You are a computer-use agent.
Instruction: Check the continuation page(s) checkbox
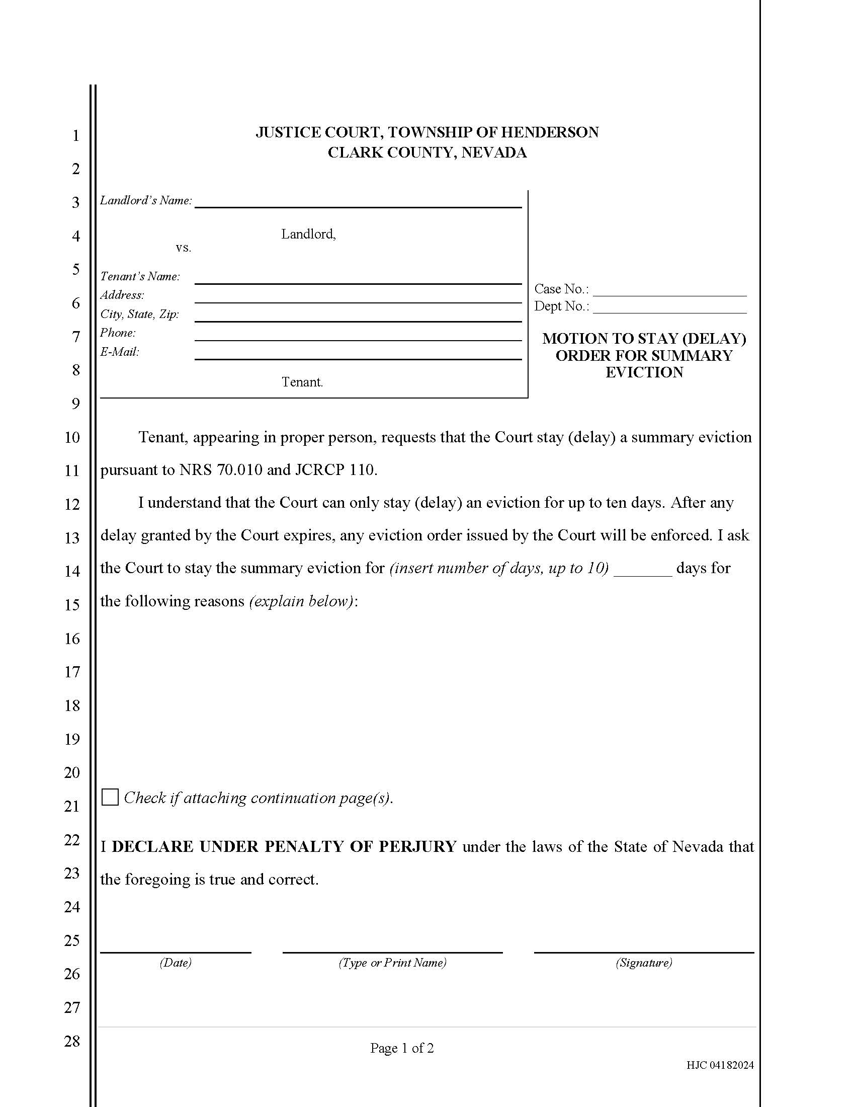point(110,798)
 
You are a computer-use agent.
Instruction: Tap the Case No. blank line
point(669,290)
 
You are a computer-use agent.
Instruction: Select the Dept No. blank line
point(669,307)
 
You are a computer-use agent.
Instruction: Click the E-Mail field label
point(120,352)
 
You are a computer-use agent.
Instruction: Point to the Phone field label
point(118,333)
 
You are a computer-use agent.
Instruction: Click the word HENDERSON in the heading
point(550,132)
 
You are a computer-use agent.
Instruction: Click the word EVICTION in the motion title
point(644,372)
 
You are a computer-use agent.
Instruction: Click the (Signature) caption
point(643,963)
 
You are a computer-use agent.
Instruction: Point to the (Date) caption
point(175,963)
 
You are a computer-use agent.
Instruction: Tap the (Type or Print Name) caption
point(392,963)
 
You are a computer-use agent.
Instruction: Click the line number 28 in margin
point(72,1042)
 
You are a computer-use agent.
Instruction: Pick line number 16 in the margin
point(72,639)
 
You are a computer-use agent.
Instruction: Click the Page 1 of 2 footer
point(402,1048)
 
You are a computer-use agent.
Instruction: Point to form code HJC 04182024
point(720,1065)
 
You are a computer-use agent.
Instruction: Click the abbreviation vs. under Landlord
point(184,248)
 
